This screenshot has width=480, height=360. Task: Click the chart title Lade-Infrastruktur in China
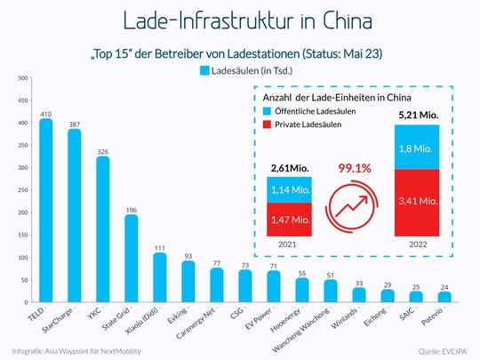tap(239, 20)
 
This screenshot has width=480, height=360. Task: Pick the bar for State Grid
tap(131, 258)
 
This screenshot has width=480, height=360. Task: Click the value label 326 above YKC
tap(102, 151)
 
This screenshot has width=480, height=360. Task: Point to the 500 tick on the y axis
tap(20, 80)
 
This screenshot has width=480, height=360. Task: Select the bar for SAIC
tap(415, 295)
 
